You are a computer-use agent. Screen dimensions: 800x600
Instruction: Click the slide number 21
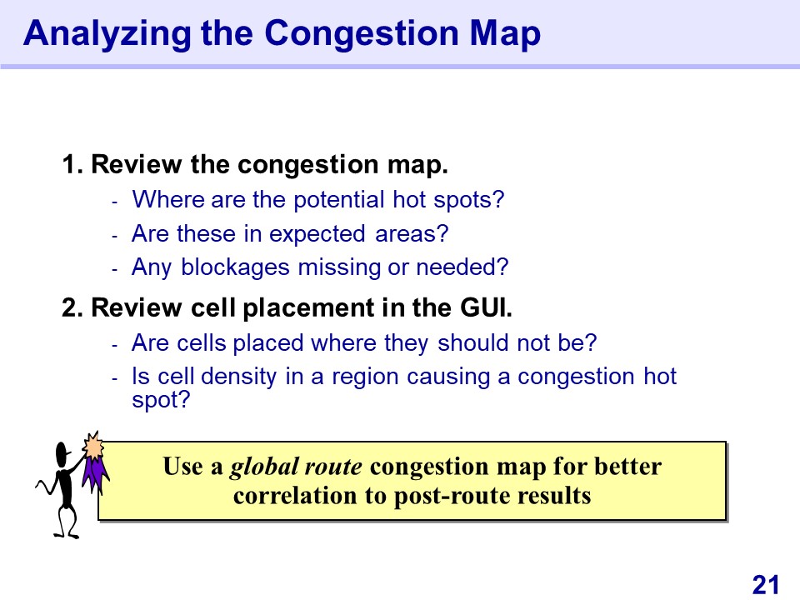pos(766,585)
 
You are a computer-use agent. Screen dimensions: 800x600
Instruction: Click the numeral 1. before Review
pos(72,165)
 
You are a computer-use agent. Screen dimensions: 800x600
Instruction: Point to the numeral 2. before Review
pos(72,308)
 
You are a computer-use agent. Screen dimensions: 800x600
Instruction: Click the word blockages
pos(236,267)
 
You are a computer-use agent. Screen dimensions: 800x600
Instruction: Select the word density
pos(239,377)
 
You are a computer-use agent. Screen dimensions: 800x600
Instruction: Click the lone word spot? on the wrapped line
pos(161,400)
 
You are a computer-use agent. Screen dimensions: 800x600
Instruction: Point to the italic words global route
pos(296,467)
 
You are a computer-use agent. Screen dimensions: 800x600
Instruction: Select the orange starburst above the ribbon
pos(93,446)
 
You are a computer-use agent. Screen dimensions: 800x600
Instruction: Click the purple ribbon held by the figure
pos(95,474)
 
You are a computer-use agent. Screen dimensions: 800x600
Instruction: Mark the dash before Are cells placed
pos(115,345)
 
